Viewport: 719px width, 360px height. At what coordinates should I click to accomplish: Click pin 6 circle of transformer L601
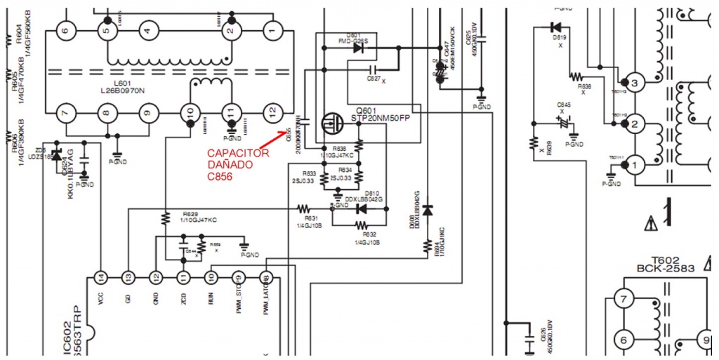click(x=65, y=30)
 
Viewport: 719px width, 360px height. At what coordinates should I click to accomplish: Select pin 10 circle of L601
click(x=190, y=112)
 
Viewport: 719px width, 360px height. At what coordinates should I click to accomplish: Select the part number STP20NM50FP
click(x=379, y=119)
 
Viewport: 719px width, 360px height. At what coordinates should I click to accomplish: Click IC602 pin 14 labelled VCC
click(x=101, y=277)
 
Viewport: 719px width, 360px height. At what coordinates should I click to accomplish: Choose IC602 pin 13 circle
click(x=128, y=277)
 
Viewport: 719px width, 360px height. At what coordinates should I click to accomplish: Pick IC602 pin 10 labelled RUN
click(x=211, y=277)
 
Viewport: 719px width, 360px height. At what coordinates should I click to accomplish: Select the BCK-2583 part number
click(x=665, y=268)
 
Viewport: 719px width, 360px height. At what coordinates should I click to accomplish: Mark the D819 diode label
click(x=560, y=37)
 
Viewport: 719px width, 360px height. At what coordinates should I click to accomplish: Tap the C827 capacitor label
click(x=374, y=79)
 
